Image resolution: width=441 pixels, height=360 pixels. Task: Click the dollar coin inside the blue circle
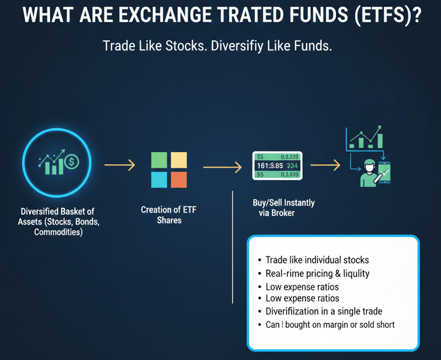tap(72, 162)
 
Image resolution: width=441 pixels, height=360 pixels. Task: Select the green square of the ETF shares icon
tap(159, 160)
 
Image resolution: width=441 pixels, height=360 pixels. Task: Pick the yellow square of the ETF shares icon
tap(179, 160)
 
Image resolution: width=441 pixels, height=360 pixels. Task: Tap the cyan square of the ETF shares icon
tap(159, 180)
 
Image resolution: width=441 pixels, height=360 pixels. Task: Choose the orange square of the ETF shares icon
tap(179, 180)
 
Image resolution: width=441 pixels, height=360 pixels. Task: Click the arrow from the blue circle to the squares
tap(120, 165)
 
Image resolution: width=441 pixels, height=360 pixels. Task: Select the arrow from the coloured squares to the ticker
tap(222, 167)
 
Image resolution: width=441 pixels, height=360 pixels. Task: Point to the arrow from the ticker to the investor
tap(326, 165)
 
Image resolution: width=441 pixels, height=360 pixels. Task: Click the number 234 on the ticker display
tap(292, 166)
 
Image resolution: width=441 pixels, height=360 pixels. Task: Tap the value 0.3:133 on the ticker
tap(289, 157)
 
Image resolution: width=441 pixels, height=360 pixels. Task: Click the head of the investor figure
tap(369, 165)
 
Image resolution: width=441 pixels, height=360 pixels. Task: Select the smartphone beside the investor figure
tap(384, 172)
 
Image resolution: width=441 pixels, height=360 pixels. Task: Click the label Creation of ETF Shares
tap(169, 215)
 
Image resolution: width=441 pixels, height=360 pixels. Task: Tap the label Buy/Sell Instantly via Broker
tap(284, 208)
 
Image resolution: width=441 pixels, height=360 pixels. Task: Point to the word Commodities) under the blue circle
tap(59, 232)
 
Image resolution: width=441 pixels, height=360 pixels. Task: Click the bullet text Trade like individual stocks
tap(317, 260)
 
